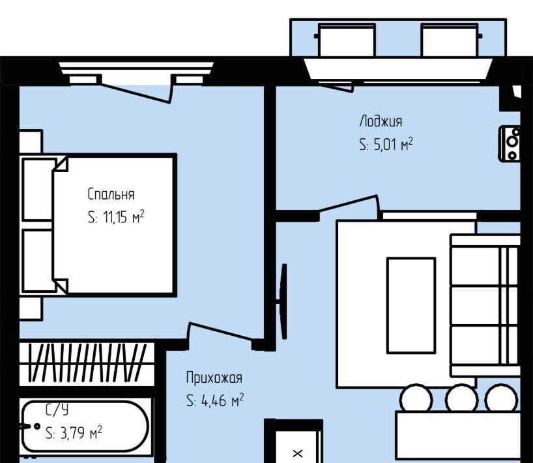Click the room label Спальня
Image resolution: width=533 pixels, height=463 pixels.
tap(111, 194)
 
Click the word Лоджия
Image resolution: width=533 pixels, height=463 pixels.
tap(381, 121)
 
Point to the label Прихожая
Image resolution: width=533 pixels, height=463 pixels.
tap(214, 378)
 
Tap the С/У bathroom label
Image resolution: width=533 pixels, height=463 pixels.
tap(57, 410)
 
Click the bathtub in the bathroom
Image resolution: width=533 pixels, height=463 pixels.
tap(85, 426)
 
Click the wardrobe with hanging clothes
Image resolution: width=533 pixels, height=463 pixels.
tap(87, 364)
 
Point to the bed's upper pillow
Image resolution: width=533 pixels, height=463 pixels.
tap(38, 190)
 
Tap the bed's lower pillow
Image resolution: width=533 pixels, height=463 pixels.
tap(38, 261)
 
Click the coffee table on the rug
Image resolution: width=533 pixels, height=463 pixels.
tap(411, 305)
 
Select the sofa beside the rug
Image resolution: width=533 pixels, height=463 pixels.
tap(485, 305)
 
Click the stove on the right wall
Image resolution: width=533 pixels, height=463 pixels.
tap(510, 143)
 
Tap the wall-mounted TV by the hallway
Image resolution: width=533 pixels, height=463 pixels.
tap(283, 301)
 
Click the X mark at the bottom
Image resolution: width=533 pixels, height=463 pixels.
tap(298, 453)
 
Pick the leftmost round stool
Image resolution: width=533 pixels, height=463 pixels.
tap(416, 398)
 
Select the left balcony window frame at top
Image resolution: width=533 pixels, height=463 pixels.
tap(347, 40)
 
